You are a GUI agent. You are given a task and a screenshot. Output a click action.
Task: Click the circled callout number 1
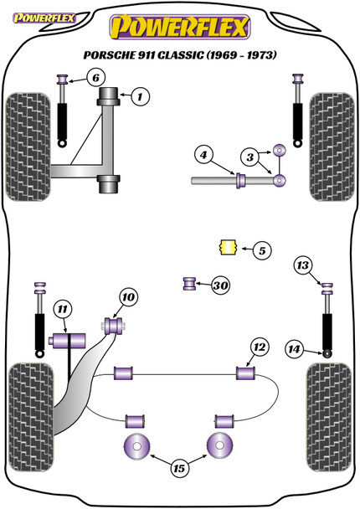point(141,96)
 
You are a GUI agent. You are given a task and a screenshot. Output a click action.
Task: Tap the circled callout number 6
point(95,78)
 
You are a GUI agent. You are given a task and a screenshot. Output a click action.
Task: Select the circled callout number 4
point(203,155)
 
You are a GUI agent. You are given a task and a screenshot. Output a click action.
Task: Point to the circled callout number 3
point(250,157)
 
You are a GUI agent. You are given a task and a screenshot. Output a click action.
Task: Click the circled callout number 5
point(262,250)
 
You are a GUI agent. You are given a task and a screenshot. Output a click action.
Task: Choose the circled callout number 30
point(220,285)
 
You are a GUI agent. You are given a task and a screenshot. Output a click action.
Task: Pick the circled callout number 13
point(302,265)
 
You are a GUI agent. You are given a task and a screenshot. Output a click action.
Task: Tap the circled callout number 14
point(294,349)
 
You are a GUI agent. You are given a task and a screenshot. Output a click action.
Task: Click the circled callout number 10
point(129,296)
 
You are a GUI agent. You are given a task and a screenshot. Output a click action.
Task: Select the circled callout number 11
point(62,310)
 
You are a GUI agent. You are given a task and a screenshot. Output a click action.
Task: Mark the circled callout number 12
point(260,347)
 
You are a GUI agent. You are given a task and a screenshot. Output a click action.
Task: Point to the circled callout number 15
point(179,468)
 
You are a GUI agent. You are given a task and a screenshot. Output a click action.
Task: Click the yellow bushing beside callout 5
point(227,247)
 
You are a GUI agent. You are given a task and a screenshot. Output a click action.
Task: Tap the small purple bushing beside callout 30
point(189,284)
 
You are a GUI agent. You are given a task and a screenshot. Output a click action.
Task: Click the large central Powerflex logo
point(180,28)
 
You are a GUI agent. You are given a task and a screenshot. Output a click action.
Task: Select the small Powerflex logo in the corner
point(44,18)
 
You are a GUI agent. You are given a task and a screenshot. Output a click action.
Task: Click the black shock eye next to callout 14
point(327,353)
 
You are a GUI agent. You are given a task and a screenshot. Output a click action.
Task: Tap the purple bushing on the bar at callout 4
point(240,181)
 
